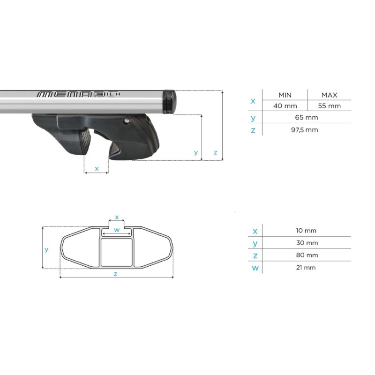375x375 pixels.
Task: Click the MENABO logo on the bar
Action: pos(78,94)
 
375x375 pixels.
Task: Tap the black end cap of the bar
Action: pos(168,102)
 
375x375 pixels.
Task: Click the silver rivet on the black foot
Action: pos(127,122)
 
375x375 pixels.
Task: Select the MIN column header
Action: pos(285,95)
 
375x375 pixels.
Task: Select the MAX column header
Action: pos(329,95)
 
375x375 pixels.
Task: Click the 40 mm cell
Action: pos(285,106)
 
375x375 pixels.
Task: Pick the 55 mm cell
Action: pos(329,106)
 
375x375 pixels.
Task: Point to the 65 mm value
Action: pos(307,117)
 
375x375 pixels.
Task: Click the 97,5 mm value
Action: pos(307,129)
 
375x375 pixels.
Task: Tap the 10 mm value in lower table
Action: pos(307,230)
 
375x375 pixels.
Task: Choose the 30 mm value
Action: pos(307,243)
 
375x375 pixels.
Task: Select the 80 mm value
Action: pos(307,255)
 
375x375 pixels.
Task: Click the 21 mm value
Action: pos(307,268)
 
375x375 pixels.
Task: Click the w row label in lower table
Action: pos(255,268)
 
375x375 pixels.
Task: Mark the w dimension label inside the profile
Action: pos(117,230)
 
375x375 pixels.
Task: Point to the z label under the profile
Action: pos(115,274)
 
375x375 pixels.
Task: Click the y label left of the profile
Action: pos(46,249)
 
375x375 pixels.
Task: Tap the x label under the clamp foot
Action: pos(97,168)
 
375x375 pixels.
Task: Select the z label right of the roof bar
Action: pos(215,152)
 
